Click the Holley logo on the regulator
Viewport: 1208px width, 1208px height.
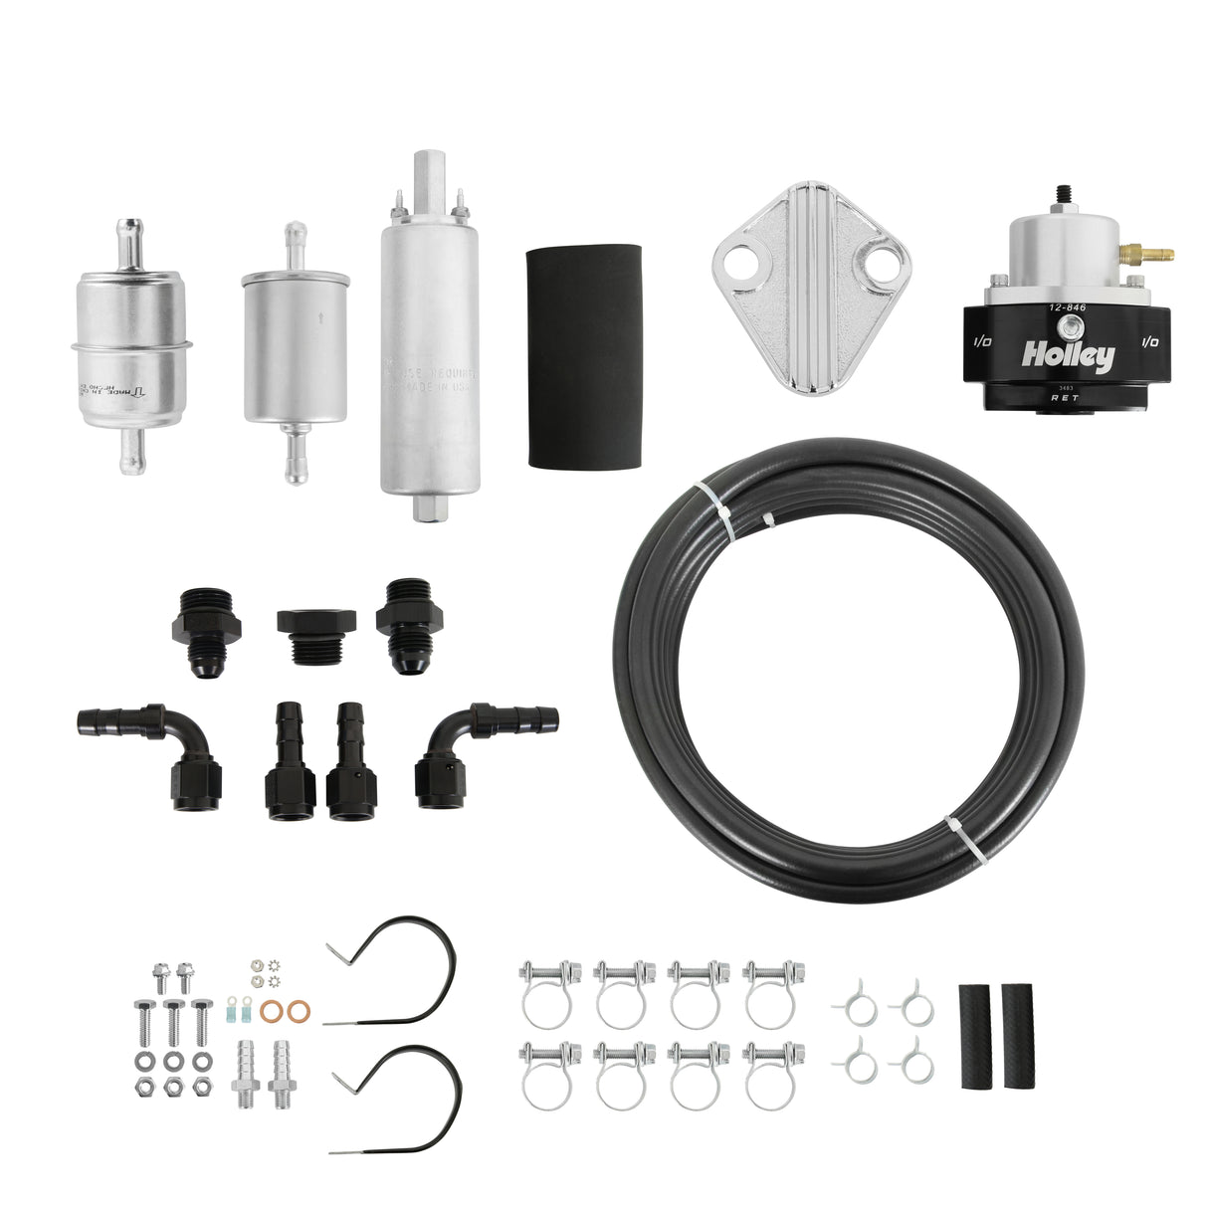pos(1067,355)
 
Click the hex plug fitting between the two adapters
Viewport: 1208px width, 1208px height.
pos(311,636)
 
